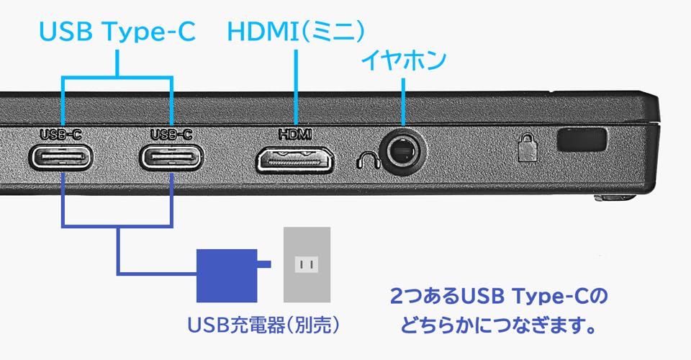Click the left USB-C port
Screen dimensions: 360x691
point(61,156)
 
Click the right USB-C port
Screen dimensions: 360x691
point(172,156)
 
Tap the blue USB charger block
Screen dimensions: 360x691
point(227,274)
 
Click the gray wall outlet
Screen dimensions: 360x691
point(307,264)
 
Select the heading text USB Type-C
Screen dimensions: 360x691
point(117,33)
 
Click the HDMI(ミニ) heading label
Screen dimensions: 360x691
point(296,33)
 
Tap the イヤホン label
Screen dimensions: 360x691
point(403,59)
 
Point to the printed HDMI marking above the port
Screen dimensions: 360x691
point(295,133)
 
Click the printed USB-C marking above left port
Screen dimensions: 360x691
point(61,133)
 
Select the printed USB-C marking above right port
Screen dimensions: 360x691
point(172,133)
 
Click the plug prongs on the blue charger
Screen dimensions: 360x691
point(264,266)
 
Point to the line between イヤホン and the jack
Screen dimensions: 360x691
point(405,97)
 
